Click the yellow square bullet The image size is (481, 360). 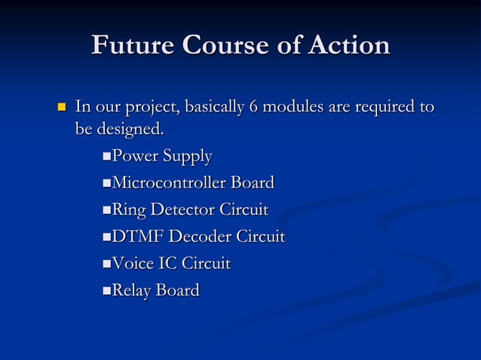point(61,108)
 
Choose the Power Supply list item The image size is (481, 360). point(161,157)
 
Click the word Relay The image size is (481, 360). point(131,291)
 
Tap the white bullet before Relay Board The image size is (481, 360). point(106,291)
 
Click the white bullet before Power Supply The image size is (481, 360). point(106,157)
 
